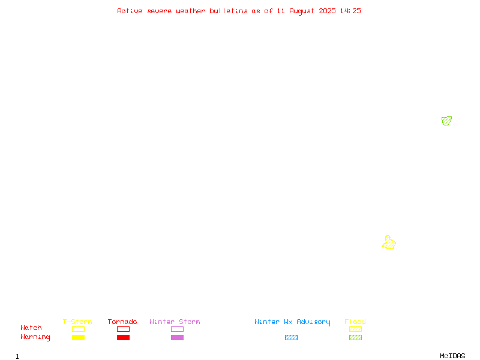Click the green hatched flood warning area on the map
click(x=446, y=121)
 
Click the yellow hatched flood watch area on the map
click(x=389, y=243)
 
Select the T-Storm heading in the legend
click(x=77, y=322)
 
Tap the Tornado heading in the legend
click(x=122, y=322)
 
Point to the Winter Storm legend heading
click(x=175, y=322)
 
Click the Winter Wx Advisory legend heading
click(x=292, y=322)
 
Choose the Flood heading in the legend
click(x=355, y=322)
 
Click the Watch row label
click(x=31, y=328)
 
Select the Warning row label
click(x=35, y=337)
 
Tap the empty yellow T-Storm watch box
click(x=79, y=329)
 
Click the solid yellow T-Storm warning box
click(x=79, y=337)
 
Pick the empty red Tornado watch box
click(x=124, y=329)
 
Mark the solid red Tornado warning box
click(x=124, y=337)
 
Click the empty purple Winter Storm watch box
click(x=177, y=329)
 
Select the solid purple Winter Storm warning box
click(x=177, y=337)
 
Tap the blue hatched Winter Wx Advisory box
click(x=291, y=337)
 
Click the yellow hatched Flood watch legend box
click(x=355, y=329)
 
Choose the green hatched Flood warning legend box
click(x=355, y=337)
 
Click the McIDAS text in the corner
click(x=452, y=356)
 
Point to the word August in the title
click(x=302, y=11)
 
